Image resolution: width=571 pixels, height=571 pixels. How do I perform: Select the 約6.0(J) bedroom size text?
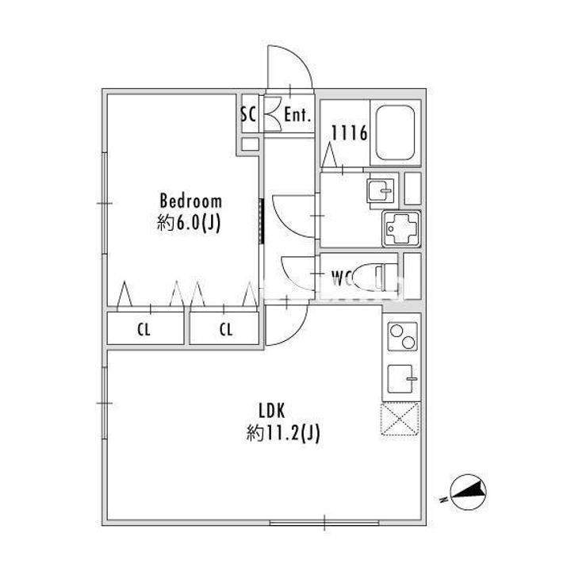point(190,224)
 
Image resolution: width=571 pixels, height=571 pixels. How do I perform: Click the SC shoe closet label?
point(248,114)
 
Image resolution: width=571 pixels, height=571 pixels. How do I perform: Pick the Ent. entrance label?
point(296,115)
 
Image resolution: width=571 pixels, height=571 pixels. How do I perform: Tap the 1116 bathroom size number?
point(349,134)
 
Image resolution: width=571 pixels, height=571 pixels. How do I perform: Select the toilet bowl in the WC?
point(367,277)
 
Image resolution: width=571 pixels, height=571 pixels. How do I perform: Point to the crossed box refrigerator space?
point(400,420)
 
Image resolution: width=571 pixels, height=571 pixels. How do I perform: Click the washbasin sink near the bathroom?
point(379,191)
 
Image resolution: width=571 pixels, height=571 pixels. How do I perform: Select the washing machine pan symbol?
point(402,230)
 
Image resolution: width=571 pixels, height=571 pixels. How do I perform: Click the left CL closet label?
point(144,330)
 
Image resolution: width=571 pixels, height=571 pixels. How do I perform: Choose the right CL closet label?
point(226,330)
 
